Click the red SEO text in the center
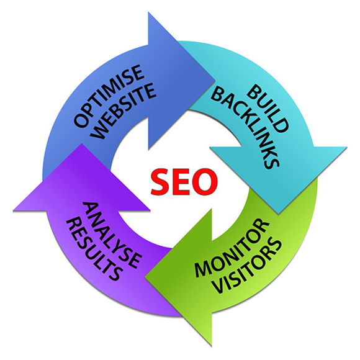(x=184, y=182)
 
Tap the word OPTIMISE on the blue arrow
(x=109, y=96)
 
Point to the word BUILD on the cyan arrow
(x=268, y=108)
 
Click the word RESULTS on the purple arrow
(x=93, y=250)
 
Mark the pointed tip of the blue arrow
(x=215, y=81)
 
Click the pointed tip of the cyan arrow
(x=278, y=214)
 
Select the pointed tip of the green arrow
(x=145, y=277)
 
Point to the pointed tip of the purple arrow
(x=81, y=144)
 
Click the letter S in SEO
(x=161, y=182)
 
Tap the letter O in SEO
(x=205, y=182)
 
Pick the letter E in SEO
(x=182, y=182)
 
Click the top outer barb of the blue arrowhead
(x=148, y=12)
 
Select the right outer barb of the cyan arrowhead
(x=347, y=147)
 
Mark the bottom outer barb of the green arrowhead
(x=211, y=346)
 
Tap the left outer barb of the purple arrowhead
(x=13, y=210)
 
